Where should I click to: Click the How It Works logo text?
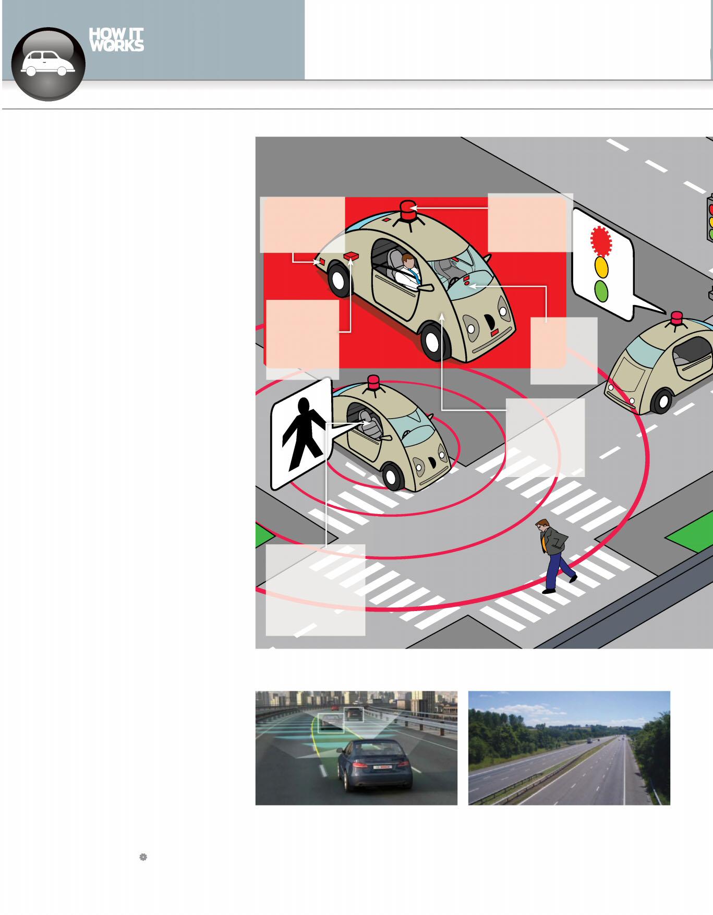pos(116,40)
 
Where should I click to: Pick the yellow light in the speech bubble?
pos(601,266)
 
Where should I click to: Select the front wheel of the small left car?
pos(393,475)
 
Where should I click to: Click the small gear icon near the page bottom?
pos(143,857)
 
